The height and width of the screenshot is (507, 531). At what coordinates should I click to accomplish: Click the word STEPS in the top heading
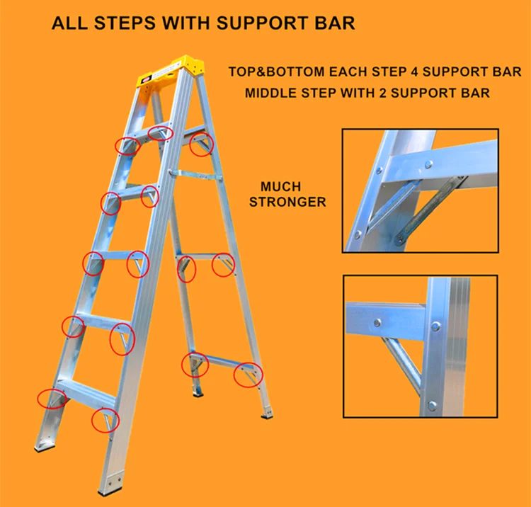coord(125,23)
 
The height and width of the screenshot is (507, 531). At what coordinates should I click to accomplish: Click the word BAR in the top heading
coord(335,23)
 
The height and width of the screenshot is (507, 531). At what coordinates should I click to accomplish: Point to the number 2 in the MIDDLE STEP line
coord(383,93)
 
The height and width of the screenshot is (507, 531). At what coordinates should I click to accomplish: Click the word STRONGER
coord(287,202)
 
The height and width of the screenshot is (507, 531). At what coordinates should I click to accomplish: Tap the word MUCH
coord(281,187)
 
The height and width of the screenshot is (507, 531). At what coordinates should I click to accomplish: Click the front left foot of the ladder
coord(45,448)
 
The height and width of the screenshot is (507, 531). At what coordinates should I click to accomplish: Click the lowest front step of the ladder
coord(86,392)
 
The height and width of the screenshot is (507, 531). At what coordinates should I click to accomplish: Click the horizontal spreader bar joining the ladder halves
coord(195,175)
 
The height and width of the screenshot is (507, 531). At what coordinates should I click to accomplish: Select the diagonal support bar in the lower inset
coord(402,360)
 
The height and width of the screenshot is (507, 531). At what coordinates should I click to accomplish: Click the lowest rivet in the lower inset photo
coord(432,406)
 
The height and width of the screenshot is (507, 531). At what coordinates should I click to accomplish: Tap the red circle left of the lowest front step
coord(51,398)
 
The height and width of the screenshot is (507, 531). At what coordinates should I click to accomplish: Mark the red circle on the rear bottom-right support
coord(248,375)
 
